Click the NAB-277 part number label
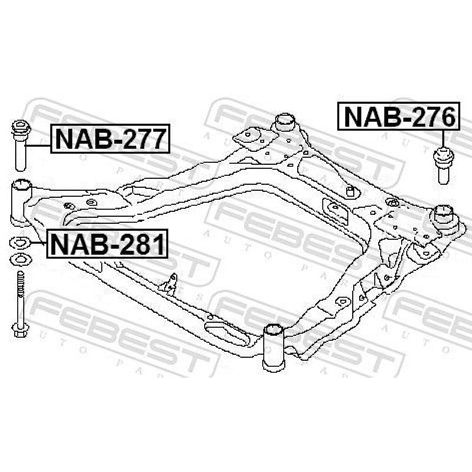click(x=110, y=139)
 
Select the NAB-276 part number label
click(x=399, y=116)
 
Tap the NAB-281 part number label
click(x=107, y=244)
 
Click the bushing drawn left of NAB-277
click(x=21, y=146)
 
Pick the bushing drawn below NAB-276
click(x=443, y=165)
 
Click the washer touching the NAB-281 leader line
click(x=20, y=243)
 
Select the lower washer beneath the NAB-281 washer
click(x=20, y=260)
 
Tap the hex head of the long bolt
click(x=21, y=329)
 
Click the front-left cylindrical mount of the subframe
click(x=21, y=202)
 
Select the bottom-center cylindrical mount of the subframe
click(x=274, y=347)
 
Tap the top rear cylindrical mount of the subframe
click(x=285, y=122)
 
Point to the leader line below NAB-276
click(x=443, y=139)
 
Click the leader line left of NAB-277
click(x=38, y=146)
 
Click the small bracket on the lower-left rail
click(x=169, y=284)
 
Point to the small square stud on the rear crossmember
click(x=350, y=191)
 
